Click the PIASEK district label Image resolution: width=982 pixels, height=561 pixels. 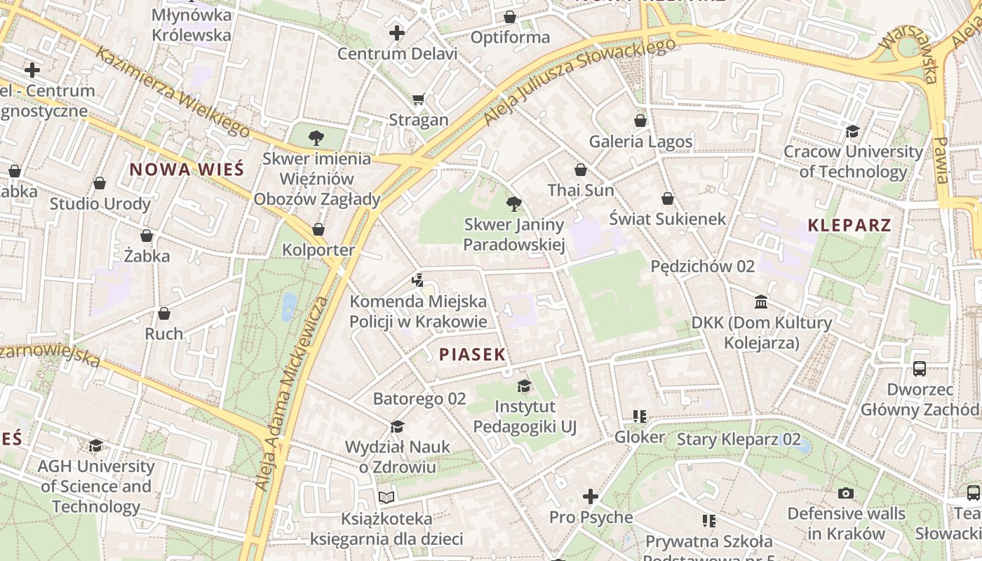coord(472,354)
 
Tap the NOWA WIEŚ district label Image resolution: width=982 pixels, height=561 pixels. coord(187,169)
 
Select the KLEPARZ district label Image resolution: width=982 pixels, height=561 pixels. coord(849,225)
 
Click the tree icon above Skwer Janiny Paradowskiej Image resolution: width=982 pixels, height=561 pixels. coord(513,204)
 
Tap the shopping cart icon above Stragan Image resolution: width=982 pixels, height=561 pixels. coord(419,100)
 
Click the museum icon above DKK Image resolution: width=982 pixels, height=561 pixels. coord(761,302)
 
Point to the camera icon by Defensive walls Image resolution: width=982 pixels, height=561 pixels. coord(846,493)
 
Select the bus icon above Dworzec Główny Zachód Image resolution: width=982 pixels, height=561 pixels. coord(919,368)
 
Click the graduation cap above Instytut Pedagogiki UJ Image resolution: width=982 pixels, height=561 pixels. coord(524,386)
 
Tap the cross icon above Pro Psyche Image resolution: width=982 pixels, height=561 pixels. coord(591,496)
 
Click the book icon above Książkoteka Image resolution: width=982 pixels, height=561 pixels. coord(386,497)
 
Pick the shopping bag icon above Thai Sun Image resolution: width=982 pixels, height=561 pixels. coord(580,170)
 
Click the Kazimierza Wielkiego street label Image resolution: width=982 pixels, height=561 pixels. coord(173,91)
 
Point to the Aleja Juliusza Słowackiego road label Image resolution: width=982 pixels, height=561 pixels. coord(579,81)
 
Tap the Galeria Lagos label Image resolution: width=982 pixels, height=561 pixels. coord(640,142)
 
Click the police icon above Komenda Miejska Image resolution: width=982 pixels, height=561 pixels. coord(418,281)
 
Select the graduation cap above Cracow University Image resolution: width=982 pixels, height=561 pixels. coord(852,131)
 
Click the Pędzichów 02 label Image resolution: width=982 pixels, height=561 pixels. coord(702,266)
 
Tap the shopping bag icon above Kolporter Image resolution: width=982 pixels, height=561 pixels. coord(318,229)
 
